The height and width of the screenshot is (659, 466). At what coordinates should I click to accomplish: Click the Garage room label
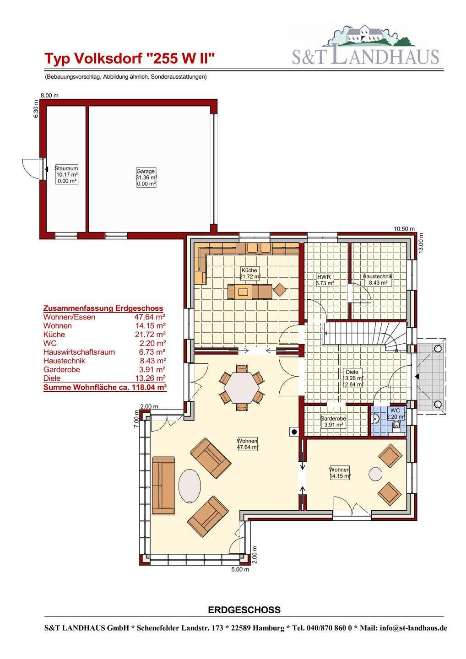[146, 178]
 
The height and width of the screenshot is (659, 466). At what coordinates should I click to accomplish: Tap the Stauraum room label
[66, 174]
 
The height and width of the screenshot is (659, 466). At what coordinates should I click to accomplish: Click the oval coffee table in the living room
[190, 486]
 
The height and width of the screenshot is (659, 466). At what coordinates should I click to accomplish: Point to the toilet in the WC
[396, 425]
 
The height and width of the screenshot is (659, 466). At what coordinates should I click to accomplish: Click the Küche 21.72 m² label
[249, 273]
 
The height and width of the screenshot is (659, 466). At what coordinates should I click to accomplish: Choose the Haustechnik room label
[378, 280]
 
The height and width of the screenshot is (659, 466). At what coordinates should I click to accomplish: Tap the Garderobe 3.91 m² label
[333, 421]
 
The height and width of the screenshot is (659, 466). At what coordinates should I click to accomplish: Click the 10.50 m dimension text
[404, 229]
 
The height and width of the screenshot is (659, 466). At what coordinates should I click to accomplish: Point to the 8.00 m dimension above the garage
[49, 96]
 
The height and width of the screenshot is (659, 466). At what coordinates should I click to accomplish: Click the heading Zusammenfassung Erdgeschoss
[103, 308]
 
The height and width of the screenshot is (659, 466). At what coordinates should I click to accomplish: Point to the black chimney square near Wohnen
[294, 432]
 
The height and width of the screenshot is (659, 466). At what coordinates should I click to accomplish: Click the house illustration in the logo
[364, 36]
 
